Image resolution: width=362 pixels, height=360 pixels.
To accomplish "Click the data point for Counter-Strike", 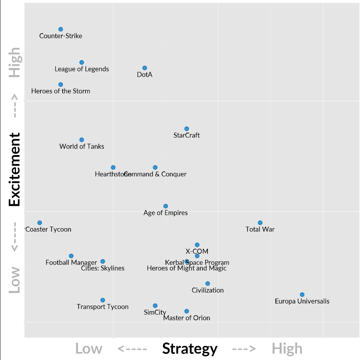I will pyautogui.click(x=61, y=29).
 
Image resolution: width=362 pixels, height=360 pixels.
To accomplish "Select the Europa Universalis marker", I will pyautogui.click(x=302, y=294).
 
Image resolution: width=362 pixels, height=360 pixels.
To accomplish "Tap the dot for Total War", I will pyautogui.click(x=260, y=223).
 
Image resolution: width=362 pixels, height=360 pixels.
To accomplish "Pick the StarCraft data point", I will pyautogui.click(x=187, y=129).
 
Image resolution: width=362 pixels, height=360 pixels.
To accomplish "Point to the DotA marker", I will pyautogui.click(x=145, y=68).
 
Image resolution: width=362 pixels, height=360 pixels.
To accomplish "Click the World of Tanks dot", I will pyautogui.click(x=82, y=140).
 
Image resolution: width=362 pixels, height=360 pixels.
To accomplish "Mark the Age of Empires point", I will pyautogui.click(x=166, y=206).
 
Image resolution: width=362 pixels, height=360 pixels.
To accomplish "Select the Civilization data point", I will pyautogui.click(x=208, y=283).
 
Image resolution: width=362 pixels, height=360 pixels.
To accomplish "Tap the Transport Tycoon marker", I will pyautogui.click(x=103, y=300).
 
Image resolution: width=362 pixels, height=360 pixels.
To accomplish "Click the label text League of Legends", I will pyautogui.click(x=82, y=69).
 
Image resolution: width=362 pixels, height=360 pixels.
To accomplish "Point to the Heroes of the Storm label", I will pyautogui.click(x=61, y=91).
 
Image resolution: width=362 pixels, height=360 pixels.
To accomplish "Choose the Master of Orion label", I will pyautogui.click(x=187, y=318).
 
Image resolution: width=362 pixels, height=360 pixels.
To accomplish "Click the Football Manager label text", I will pyautogui.click(x=71, y=263).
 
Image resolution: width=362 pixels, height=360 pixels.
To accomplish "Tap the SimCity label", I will pyautogui.click(x=155, y=313).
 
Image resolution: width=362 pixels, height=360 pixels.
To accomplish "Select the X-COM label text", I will pyautogui.click(x=197, y=251).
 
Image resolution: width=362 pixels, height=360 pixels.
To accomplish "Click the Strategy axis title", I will pyautogui.click(x=190, y=349).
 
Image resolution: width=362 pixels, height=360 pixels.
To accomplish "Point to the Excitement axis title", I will pyautogui.click(x=14, y=170).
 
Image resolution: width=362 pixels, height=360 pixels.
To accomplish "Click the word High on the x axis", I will pyautogui.click(x=287, y=349).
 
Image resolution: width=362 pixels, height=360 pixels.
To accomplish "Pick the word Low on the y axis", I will pyautogui.click(x=14, y=280).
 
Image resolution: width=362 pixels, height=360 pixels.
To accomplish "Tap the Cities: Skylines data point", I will pyautogui.click(x=103, y=261).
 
